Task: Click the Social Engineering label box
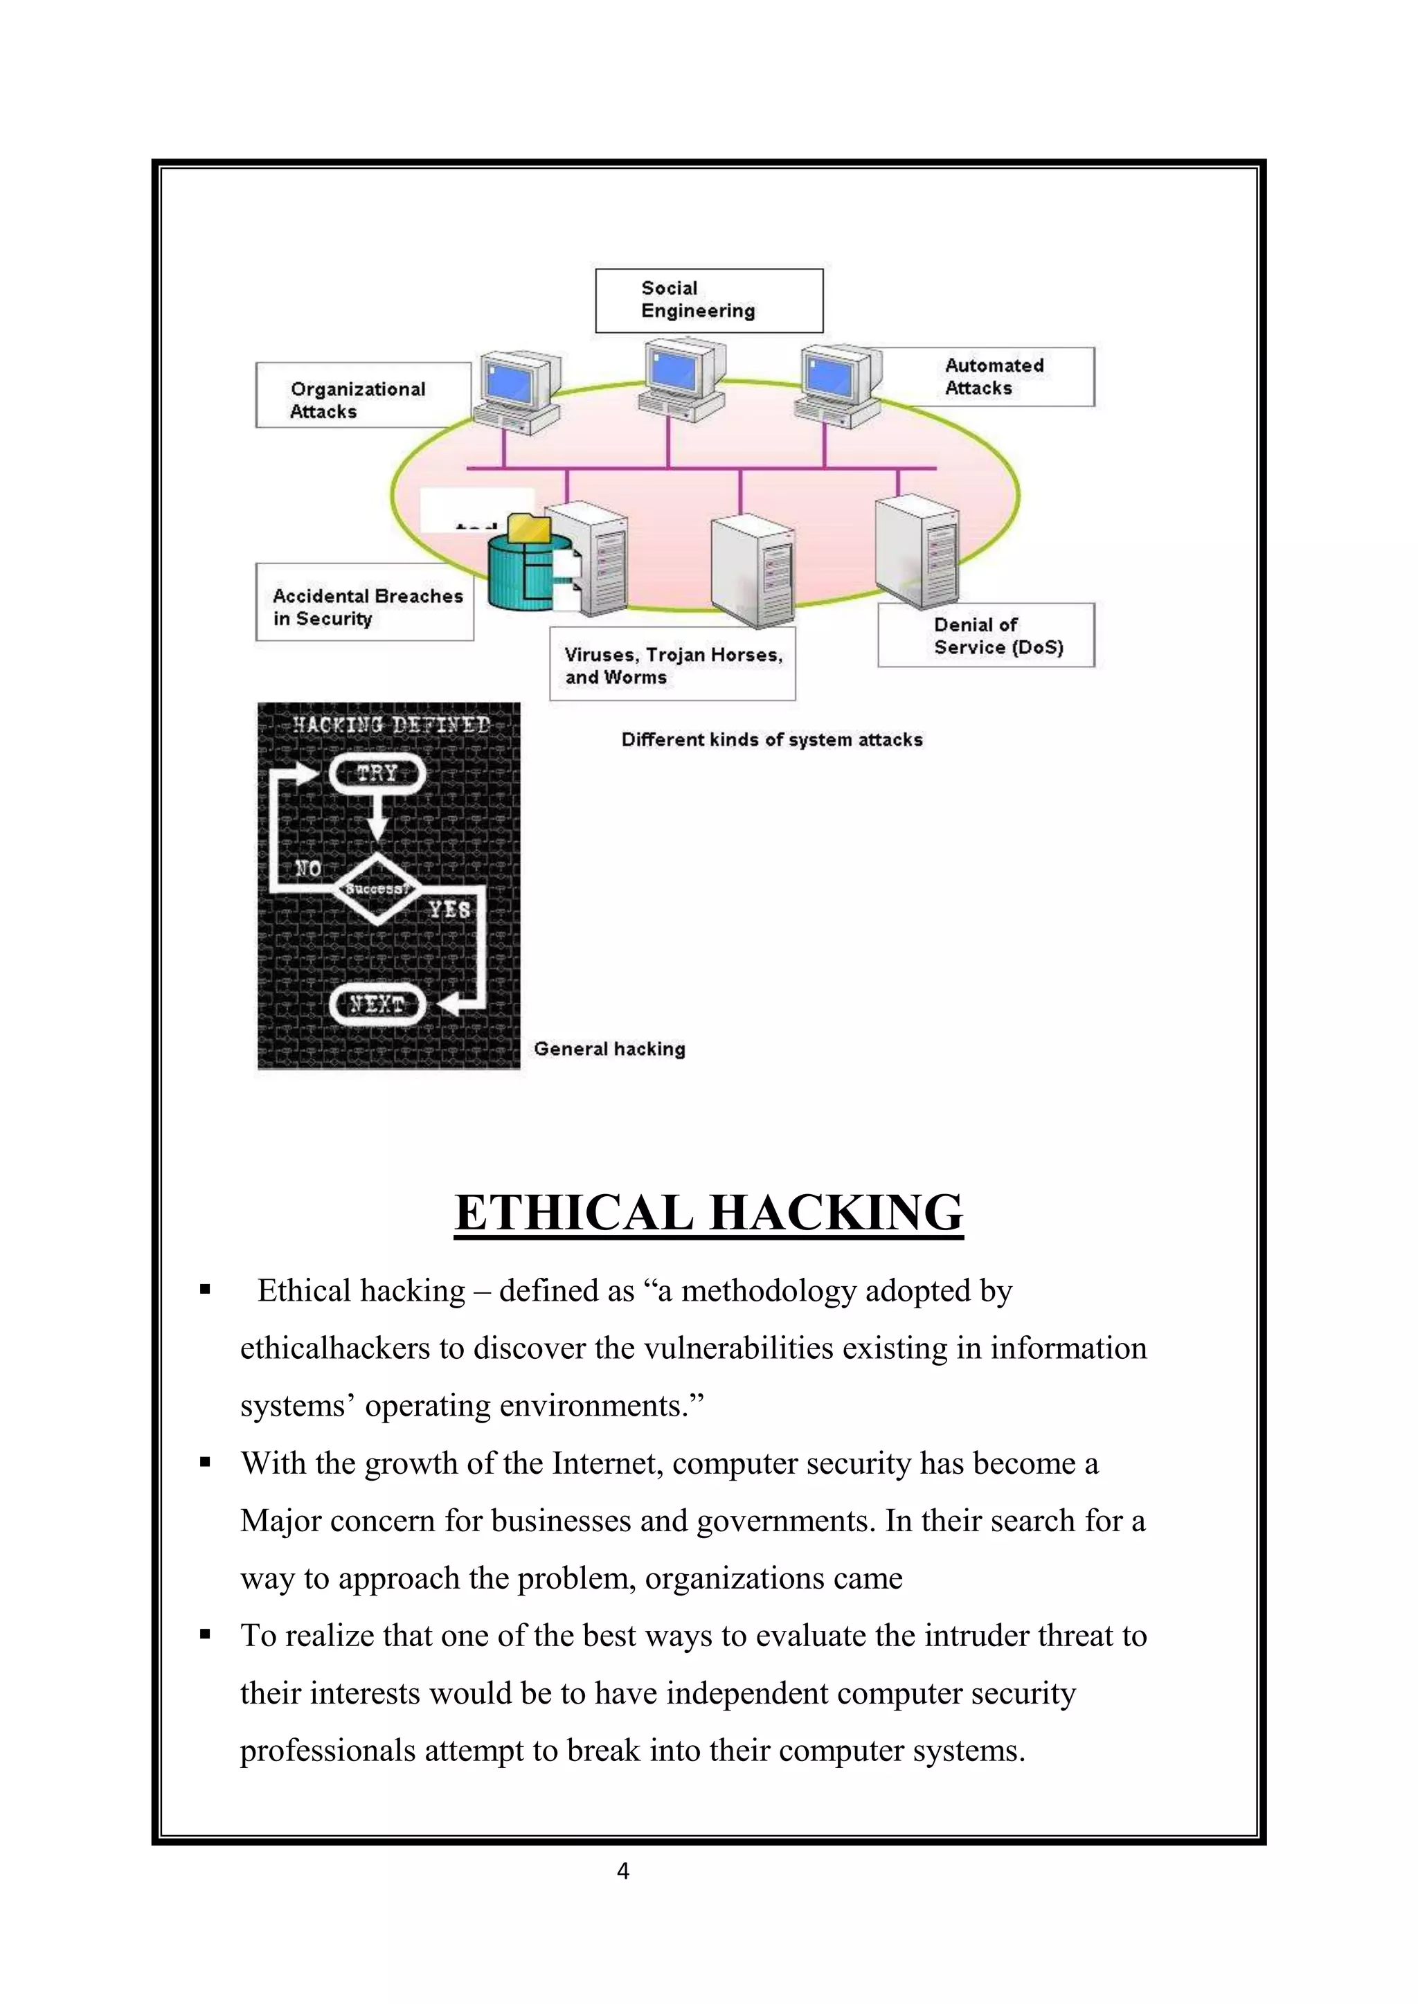point(708,300)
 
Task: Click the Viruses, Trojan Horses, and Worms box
point(672,665)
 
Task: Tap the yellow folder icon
point(528,529)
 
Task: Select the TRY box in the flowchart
point(377,773)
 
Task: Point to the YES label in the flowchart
point(449,910)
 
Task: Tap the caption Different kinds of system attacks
point(771,739)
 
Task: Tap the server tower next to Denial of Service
point(916,550)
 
